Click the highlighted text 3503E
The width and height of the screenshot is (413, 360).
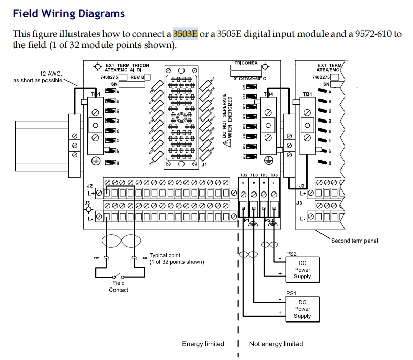[x=186, y=34]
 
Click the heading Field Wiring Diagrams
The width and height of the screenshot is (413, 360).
[x=68, y=14]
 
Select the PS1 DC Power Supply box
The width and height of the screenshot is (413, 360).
[x=302, y=309]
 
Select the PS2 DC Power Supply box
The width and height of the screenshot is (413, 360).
[x=302, y=270]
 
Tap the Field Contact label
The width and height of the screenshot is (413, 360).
[x=119, y=286]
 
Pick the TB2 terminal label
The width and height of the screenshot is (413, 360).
[x=244, y=175]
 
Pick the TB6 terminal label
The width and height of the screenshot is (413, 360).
[x=274, y=175]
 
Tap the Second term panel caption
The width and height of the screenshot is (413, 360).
[x=354, y=241]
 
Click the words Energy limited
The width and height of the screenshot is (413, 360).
[x=203, y=344]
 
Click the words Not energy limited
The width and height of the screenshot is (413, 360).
[x=276, y=344]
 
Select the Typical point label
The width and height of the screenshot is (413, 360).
[x=165, y=255]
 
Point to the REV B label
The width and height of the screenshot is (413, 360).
[x=137, y=77]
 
